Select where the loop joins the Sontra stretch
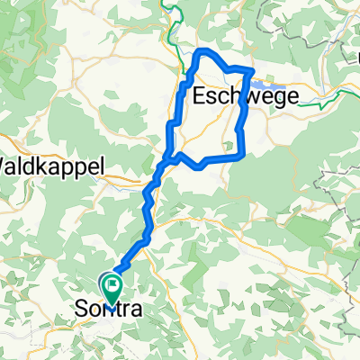click(167, 162)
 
